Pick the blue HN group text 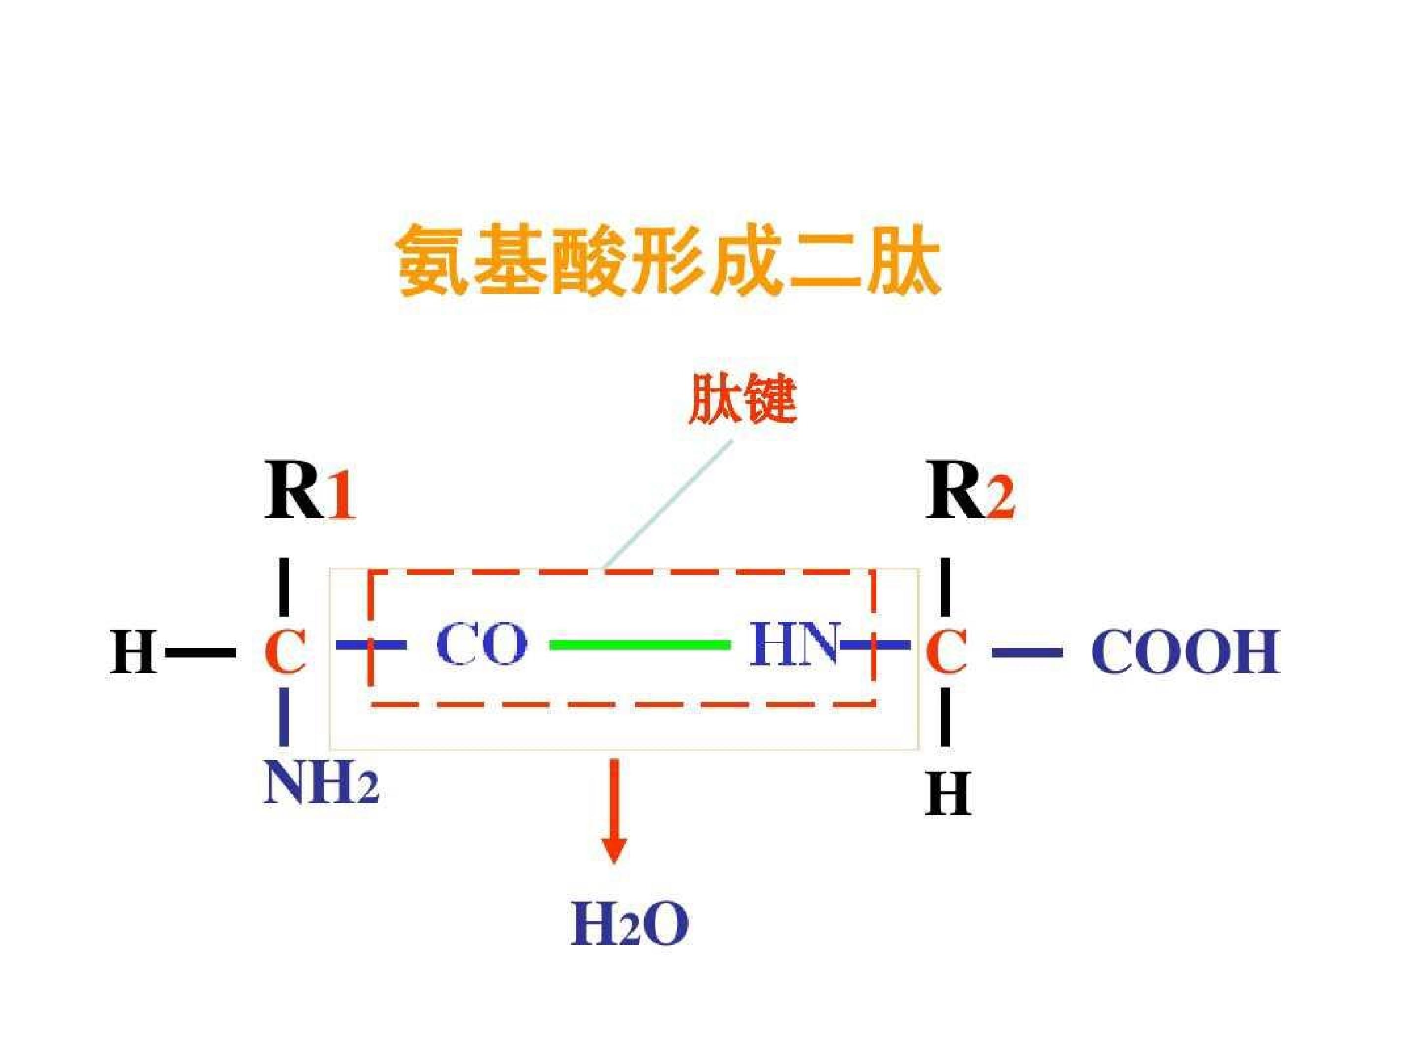coord(794,643)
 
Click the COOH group coord(1185,652)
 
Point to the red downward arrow coord(614,811)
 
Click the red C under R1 coord(285,652)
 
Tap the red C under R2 coord(947,652)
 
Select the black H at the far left coord(133,652)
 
